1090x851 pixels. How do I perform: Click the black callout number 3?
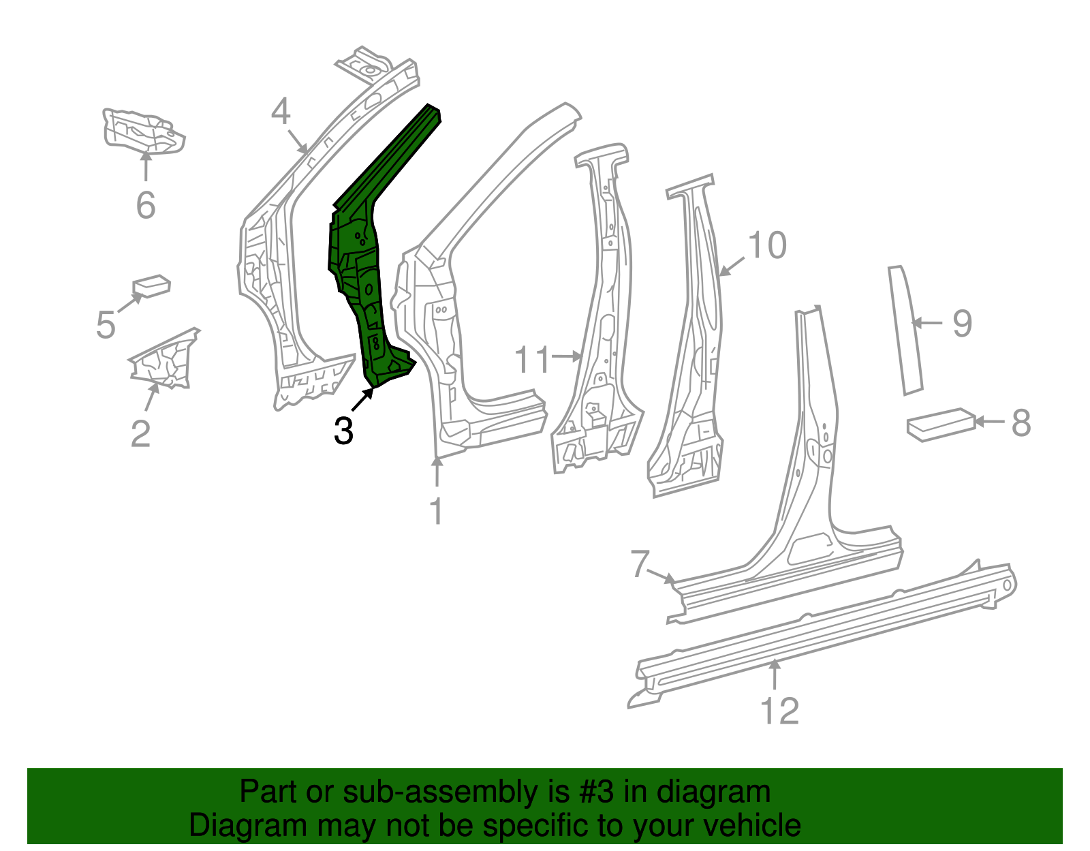point(343,431)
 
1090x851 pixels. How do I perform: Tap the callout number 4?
point(281,111)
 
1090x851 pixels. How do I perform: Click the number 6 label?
point(146,205)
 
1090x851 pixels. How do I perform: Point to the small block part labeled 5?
point(151,285)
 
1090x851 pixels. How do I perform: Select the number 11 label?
point(531,360)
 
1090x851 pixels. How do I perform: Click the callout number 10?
point(767,245)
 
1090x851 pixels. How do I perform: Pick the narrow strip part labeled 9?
point(905,330)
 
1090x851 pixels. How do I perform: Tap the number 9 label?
point(962,323)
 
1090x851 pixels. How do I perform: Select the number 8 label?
point(1021,422)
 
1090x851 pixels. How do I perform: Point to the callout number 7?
point(639,564)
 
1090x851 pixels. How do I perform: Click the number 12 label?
point(779,711)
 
